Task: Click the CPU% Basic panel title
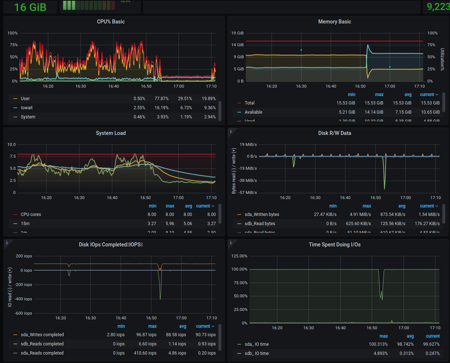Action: (x=110, y=22)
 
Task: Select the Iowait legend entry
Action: (x=27, y=108)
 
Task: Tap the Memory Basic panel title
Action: (x=334, y=22)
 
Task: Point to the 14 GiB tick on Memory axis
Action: (x=237, y=45)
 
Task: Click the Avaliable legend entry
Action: (x=253, y=112)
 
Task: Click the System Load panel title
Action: (x=110, y=133)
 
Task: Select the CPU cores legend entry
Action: (x=31, y=214)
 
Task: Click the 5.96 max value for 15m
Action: (x=169, y=224)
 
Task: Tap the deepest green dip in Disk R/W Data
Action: (x=385, y=188)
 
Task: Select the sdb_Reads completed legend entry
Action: (x=42, y=344)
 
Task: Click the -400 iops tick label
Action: (x=23, y=299)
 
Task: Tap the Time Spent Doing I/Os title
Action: (x=334, y=245)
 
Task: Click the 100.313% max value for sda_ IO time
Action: (x=378, y=344)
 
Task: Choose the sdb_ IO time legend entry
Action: (x=256, y=353)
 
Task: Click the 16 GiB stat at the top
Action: (x=30, y=7)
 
